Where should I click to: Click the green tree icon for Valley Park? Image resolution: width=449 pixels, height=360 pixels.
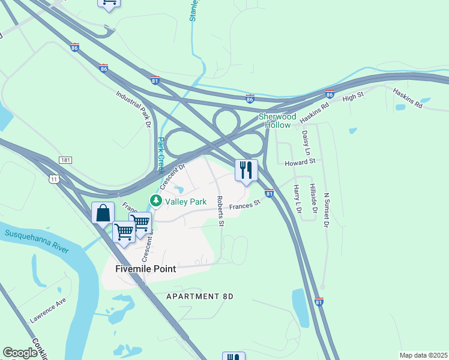(156, 201)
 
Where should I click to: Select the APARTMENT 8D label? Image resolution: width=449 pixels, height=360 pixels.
(199, 296)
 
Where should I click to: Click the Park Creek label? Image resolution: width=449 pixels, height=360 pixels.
(160, 152)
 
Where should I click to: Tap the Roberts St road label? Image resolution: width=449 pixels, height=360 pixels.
(220, 211)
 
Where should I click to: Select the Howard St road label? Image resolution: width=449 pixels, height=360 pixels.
(300, 162)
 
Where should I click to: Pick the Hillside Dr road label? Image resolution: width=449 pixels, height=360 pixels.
(313, 199)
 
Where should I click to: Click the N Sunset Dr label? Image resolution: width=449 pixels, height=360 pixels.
(327, 210)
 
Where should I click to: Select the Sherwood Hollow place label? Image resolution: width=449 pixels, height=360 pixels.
(277, 121)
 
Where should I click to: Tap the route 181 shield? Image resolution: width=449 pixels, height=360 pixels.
(66, 160)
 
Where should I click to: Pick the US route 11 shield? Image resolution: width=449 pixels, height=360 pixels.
(54, 178)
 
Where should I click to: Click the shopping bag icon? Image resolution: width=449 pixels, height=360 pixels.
(103, 212)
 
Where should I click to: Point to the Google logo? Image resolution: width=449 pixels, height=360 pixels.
(20, 353)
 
